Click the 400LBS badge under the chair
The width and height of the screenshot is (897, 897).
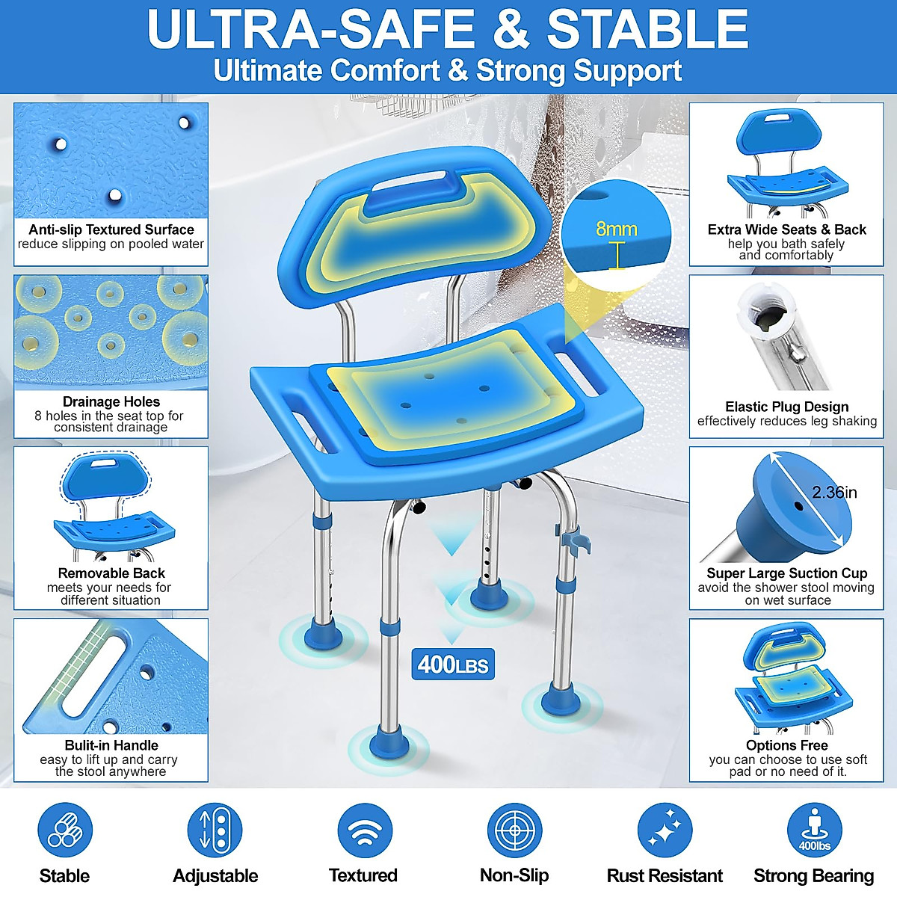click(452, 664)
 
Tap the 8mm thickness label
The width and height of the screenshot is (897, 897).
click(616, 229)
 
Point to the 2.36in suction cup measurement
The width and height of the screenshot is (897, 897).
click(834, 492)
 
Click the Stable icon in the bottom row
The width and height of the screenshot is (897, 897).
click(64, 830)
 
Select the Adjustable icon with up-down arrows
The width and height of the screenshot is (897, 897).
click(215, 830)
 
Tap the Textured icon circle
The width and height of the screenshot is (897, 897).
click(364, 830)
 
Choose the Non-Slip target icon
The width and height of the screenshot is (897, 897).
click(514, 830)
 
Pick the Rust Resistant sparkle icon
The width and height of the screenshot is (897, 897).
click(665, 830)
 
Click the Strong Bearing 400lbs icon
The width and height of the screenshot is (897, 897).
click(814, 830)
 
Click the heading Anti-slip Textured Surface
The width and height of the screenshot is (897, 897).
click(111, 229)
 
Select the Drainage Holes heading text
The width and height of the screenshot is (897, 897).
click(111, 401)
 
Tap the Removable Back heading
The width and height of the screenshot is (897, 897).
click(111, 573)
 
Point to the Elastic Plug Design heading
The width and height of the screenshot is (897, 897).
click(786, 407)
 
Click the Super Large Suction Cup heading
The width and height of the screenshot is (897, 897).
click(786, 573)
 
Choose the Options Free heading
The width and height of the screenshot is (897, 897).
click(786, 745)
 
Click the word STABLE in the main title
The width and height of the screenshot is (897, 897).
click(647, 30)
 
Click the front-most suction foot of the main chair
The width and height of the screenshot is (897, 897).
click(389, 744)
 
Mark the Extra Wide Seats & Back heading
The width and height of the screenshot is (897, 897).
click(786, 229)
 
